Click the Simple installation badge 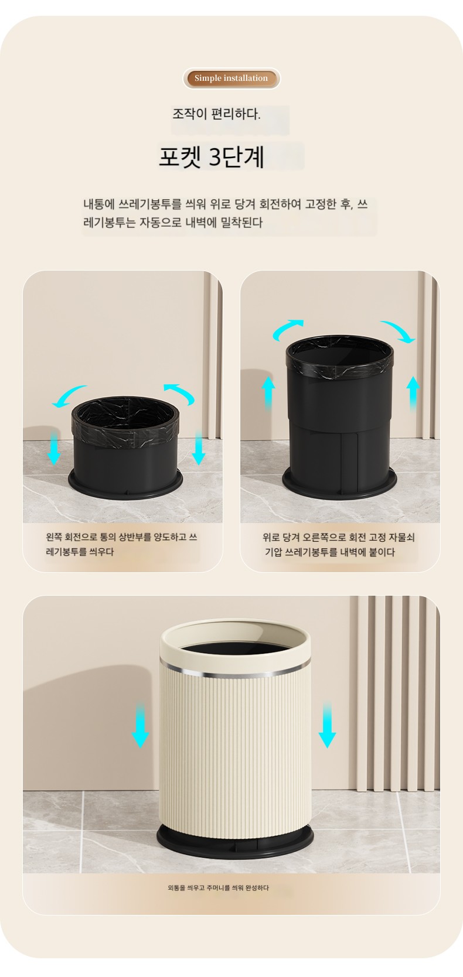tap(231, 78)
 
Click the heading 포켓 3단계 tap(211, 157)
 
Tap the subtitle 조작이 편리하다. tap(216, 114)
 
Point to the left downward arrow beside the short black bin tap(54, 447)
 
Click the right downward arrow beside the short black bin tap(199, 447)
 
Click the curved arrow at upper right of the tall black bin tap(398, 331)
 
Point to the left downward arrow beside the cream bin tap(140, 725)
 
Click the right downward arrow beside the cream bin tap(327, 725)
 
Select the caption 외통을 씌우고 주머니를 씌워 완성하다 tap(218, 887)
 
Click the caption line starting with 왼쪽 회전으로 tap(122, 537)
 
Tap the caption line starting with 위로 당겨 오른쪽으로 tap(339, 537)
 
